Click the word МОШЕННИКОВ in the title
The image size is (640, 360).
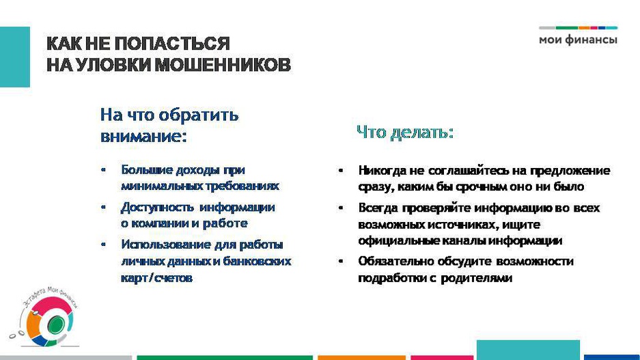click(222, 66)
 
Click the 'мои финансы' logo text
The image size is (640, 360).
click(578, 40)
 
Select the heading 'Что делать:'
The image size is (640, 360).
click(405, 133)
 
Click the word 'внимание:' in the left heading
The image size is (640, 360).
click(143, 137)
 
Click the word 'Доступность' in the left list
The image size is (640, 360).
click(157, 208)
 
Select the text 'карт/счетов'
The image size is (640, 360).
click(156, 278)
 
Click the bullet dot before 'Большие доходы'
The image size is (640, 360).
click(104, 170)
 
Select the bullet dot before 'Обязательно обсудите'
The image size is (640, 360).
click(341, 261)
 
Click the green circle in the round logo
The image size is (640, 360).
click(56, 325)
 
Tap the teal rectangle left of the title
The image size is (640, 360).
click(15, 57)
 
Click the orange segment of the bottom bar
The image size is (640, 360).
click(361, 357)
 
